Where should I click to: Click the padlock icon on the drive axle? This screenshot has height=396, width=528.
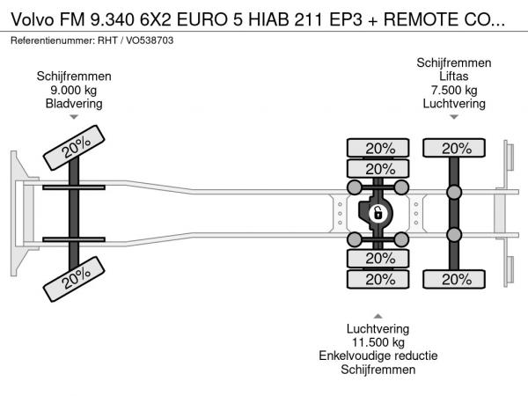pyautogui.click(x=378, y=213)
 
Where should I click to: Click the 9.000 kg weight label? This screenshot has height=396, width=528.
pyautogui.click(x=74, y=90)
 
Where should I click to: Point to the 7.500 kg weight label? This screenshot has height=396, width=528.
pyautogui.click(x=454, y=90)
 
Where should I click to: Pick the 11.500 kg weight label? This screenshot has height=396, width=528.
pyautogui.click(x=378, y=342)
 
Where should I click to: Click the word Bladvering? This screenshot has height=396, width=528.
pyautogui.click(x=74, y=103)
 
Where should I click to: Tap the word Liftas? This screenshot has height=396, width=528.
pyautogui.click(x=454, y=77)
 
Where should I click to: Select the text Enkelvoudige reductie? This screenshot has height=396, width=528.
pyautogui.click(x=378, y=356)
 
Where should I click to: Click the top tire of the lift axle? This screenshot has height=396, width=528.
pyautogui.click(x=454, y=148)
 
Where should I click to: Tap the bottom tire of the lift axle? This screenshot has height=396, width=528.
pyautogui.click(x=454, y=279)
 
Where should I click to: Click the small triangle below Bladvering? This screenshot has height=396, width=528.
pyautogui.click(x=74, y=116)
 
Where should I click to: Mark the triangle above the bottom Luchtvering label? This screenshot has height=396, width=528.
pyautogui.click(x=378, y=316)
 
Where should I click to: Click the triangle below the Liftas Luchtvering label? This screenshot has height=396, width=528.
pyautogui.click(x=454, y=116)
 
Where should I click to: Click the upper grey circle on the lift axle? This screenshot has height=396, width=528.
pyautogui.click(x=454, y=193)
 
